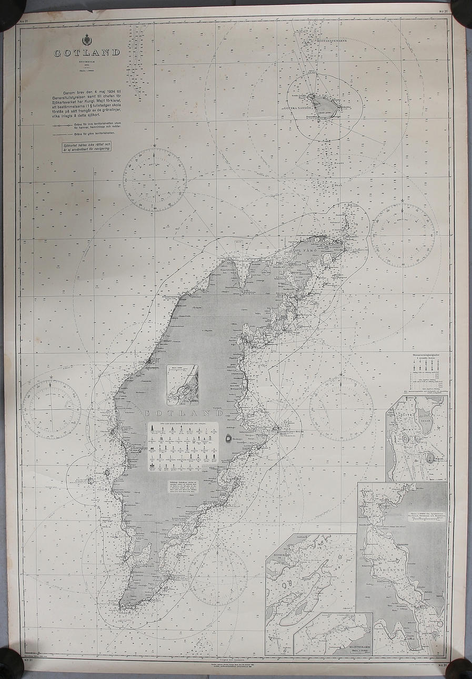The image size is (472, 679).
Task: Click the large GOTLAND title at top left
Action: click(x=87, y=53)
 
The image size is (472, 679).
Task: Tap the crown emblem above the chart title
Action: click(x=87, y=40)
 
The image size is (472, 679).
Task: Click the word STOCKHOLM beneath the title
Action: click(x=87, y=62)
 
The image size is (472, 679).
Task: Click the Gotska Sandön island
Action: click(x=322, y=105)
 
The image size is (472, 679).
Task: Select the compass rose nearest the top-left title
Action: click(x=155, y=179)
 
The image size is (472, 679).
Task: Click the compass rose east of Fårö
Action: click(x=403, y=235)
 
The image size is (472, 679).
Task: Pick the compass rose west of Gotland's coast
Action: click(x=51, y=409)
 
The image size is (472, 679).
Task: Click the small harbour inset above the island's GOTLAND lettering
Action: click(x=183, y=385)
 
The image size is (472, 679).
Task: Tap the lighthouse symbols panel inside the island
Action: click(x=183, y=445)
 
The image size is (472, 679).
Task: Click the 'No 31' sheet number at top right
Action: click(x=443, y=11)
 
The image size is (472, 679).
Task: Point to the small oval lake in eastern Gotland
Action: click(x=228, y=438)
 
